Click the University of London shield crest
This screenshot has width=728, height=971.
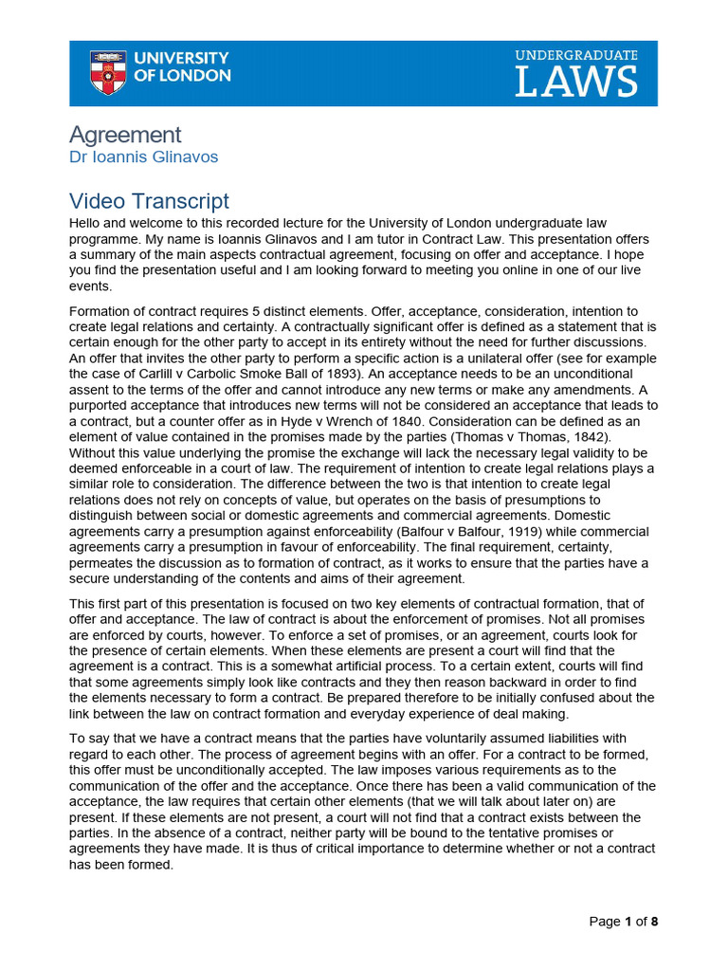[107, 73]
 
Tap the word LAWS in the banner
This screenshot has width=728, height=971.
[576, 82]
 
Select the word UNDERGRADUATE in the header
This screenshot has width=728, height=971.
[576, 56]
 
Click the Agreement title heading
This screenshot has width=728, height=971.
[125, 135]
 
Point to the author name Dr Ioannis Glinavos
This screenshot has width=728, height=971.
[144, 157]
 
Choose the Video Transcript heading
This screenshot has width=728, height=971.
[150, 201]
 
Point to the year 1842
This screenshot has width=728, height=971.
[590, 436]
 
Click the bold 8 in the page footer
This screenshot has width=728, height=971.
[654, 922]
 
